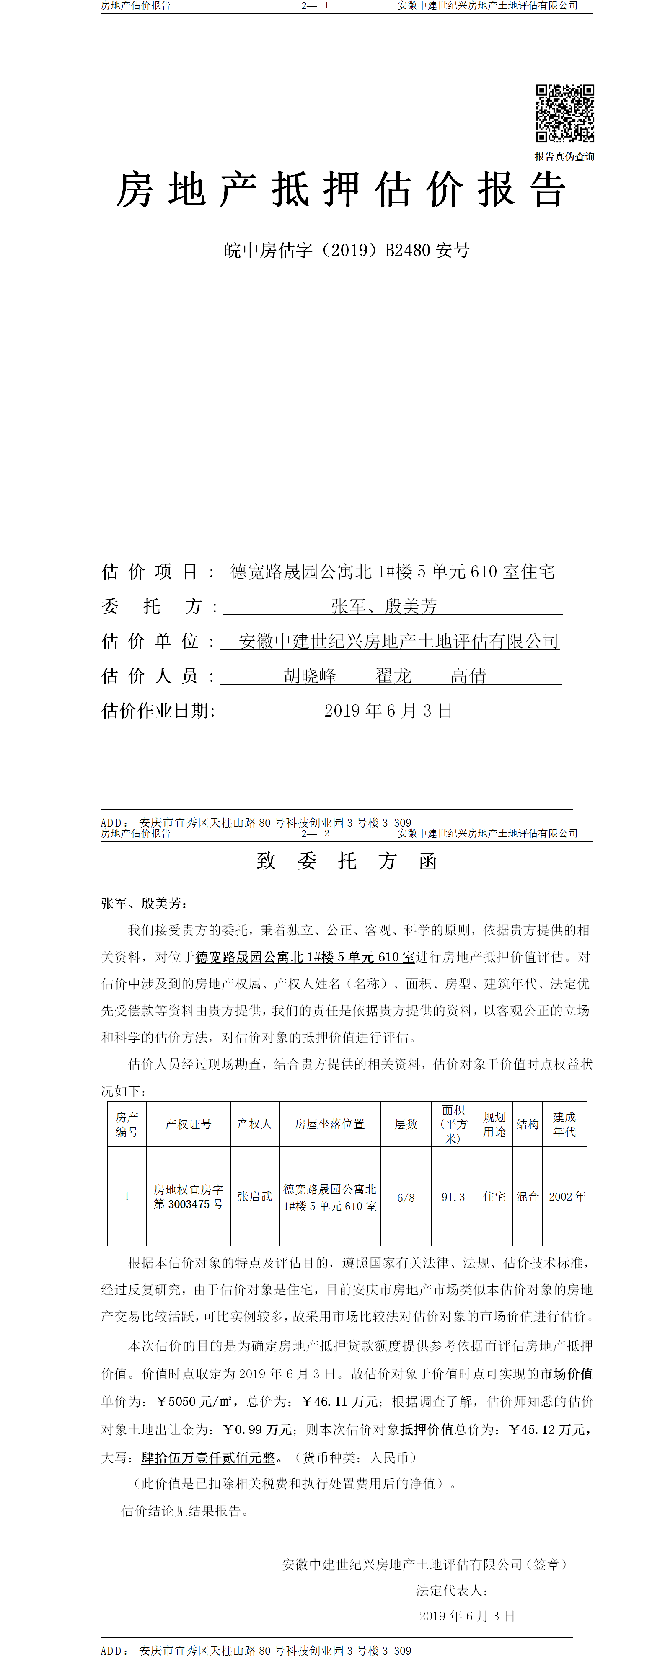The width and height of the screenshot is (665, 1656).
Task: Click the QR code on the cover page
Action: tap(565, 113)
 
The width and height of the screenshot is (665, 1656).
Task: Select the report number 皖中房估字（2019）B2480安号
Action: tap(347, 250)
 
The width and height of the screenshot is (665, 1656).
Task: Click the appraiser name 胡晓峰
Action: tap(310, 675)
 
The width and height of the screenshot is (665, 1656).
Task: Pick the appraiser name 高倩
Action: tap(468, 675)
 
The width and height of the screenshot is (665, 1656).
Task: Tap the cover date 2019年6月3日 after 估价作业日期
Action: tap(388, 710)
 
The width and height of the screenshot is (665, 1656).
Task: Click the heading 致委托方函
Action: tap(347, 861)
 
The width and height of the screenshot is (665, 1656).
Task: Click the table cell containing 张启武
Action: tap(255, 1196)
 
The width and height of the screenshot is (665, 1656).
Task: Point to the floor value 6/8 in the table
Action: tap(406, 1197)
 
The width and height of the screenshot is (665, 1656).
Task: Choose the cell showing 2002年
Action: tap(567, 1196)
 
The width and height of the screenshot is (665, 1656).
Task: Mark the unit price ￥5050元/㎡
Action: tap(194, 1401)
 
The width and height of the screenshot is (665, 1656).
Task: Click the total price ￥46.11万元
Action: tap(339, 1401)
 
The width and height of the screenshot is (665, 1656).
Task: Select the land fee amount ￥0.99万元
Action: tap(257, 1430)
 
